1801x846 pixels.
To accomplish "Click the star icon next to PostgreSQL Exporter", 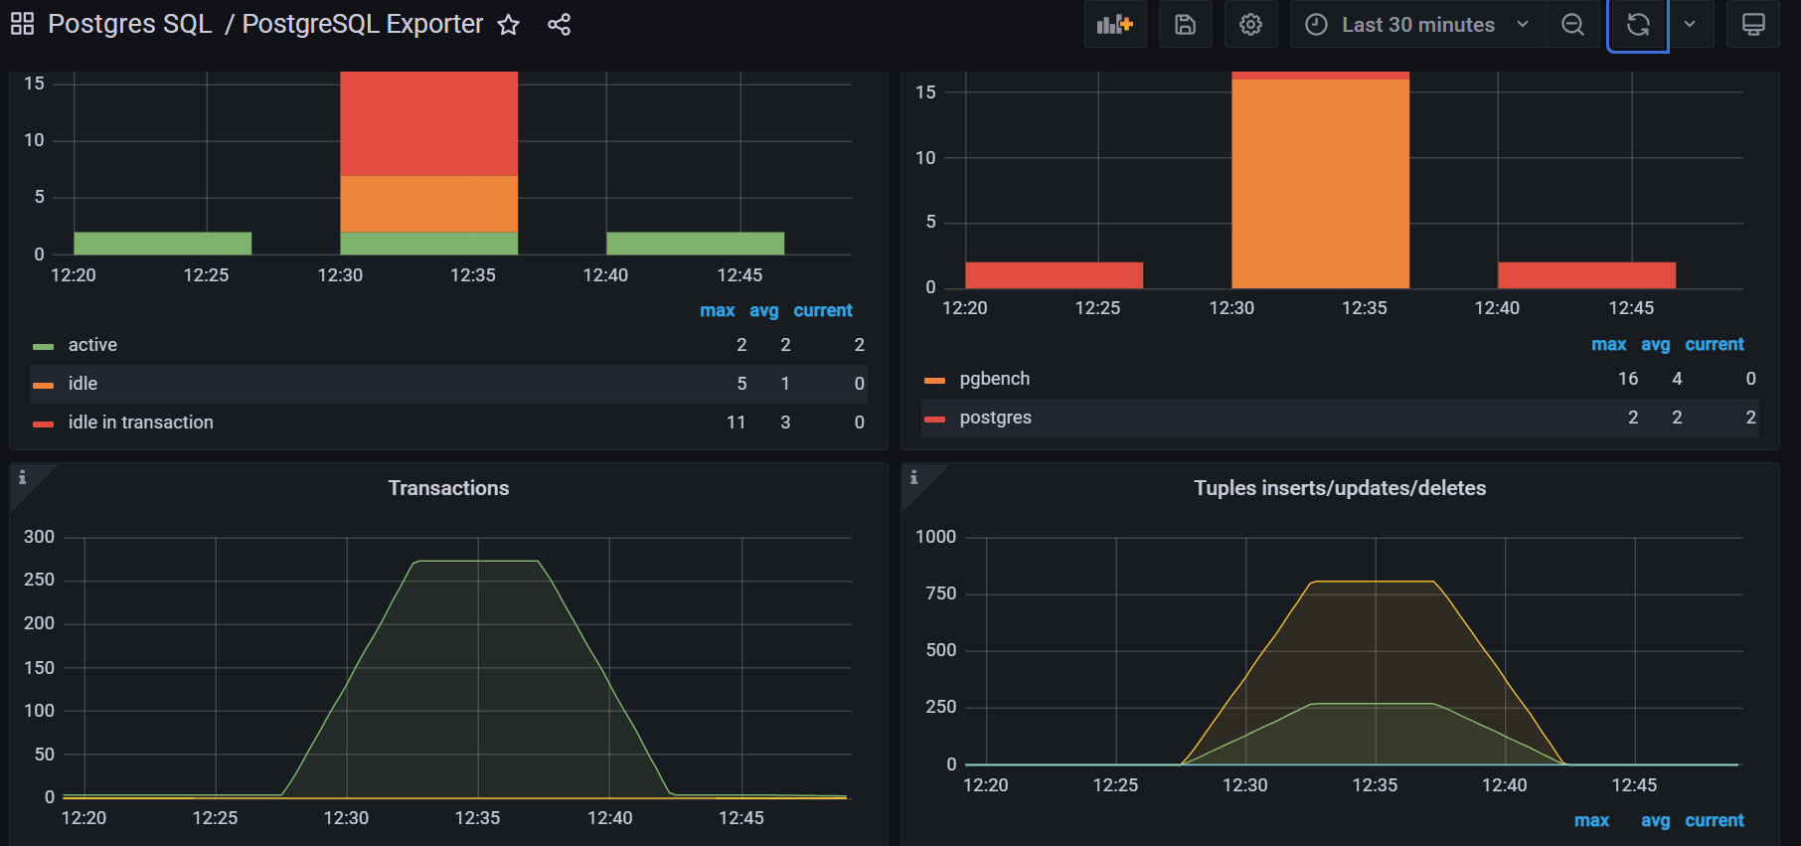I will coord(508,25).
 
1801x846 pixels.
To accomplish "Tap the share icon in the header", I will coord(559,25).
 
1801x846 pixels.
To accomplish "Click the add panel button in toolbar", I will coord(1114,25).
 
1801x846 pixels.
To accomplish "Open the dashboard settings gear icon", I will coord(1250,25).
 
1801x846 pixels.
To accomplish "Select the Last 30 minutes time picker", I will coord(1416,25).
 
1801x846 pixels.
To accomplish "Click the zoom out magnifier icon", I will coord(1572,25).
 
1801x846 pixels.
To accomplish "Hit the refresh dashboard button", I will coord(1637,25).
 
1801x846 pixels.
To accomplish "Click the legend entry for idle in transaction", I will coord(140,423).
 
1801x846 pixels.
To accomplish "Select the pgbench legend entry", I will coord(994,379).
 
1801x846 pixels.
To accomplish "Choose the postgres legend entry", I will coord(995,418).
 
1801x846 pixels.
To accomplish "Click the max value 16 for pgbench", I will coord(1627,379).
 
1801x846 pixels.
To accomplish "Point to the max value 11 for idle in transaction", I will coord(736,423).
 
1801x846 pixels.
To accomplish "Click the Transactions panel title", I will coord(448,488).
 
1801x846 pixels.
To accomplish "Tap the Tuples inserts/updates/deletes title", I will coord(1339,488).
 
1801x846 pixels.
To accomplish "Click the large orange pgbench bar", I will coord(1320,184).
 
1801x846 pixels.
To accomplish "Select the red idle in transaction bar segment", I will coord(428,123).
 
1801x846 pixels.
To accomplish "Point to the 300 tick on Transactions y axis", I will coord(39,537).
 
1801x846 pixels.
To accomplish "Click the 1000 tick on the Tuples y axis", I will coord(935,537).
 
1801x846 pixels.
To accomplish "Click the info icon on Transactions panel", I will coord(23,478).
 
